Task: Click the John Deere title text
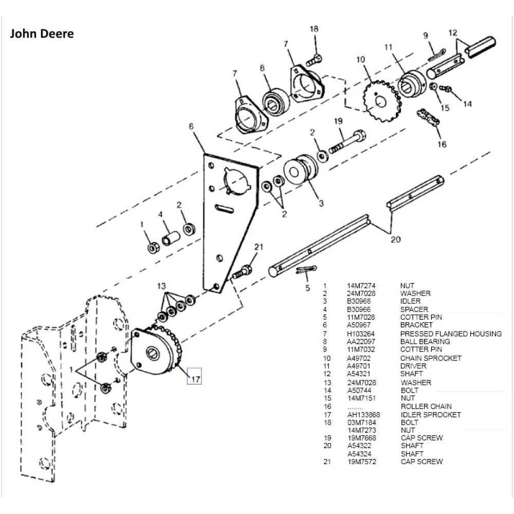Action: pyautogui.click(x=42, y=34)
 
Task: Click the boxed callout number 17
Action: pyautogui.click(x=195, y=377)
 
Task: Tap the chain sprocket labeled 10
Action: pyautogui.click(x=381, y=101)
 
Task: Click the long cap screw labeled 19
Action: pyautogui.click(x=348, y=140)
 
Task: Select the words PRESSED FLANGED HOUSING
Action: pyautogui.click(x=451, y=334)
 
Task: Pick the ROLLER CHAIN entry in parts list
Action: pyautogui.click(x=426, y=407)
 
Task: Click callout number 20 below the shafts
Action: pyautogui.click(x=395, y=239)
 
